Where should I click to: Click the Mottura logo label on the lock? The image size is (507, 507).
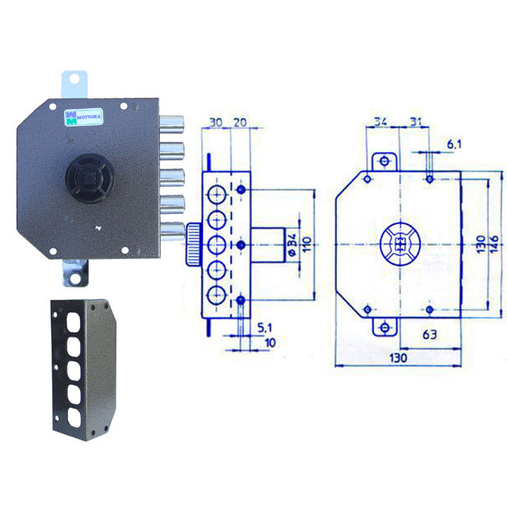point(83,116)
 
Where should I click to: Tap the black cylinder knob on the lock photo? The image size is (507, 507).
point(90,178)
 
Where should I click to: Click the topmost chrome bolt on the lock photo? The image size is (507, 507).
point(171,124)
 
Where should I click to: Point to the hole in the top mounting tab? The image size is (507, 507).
point(74,78)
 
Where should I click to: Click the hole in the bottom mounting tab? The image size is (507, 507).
point(75,278)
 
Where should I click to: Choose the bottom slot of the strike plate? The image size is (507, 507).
point(74,418)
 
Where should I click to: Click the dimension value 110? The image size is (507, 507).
point(307,245)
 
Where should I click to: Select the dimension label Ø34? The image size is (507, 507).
point(292,245)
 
